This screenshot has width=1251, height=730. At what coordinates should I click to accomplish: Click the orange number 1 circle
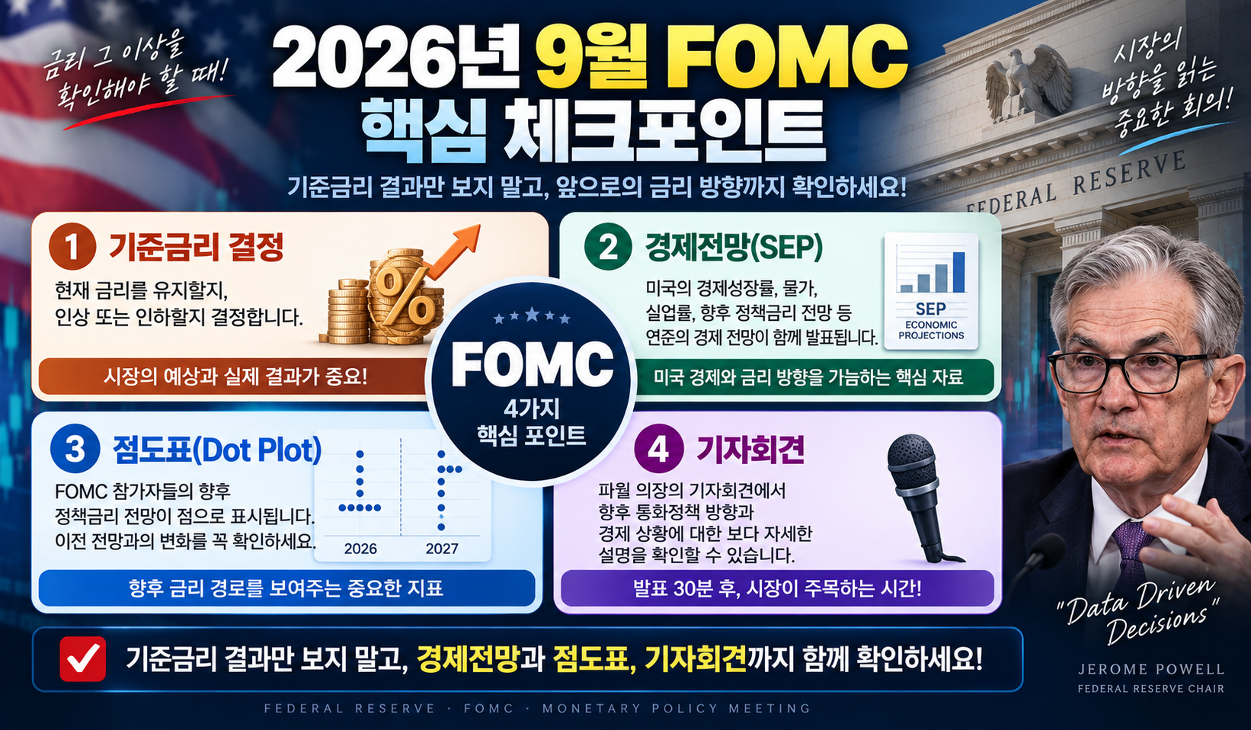(x=72, y=246)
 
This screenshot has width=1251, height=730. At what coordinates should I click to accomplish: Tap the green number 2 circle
(x=608, y=247)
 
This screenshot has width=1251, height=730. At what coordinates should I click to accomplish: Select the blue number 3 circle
(x=75, y=450)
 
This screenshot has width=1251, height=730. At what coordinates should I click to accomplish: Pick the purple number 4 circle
(x=659, y=450)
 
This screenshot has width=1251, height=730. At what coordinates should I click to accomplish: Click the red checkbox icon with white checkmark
(x=82, y=659)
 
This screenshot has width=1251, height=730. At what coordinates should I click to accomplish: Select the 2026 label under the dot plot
(x=360, y=549)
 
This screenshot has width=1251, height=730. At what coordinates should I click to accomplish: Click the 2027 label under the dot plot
(x=442, y=549)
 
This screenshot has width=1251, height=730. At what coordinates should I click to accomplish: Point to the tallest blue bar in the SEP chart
(x=958, y=272)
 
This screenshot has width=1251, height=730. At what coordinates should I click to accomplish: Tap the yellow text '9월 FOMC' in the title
(x=721, y=56)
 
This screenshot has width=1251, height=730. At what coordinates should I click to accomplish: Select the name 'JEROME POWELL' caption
(x=1151, y=669)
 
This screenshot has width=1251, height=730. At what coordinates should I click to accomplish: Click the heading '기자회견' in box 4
(x=750, y=450)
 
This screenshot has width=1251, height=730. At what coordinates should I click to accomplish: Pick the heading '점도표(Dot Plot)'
(x=217, y=450)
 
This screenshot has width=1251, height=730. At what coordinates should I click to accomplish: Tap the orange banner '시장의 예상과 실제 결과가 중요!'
(x=235, y=376)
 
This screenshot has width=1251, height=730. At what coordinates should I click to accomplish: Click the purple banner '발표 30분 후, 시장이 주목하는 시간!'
(x=777, y=588)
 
